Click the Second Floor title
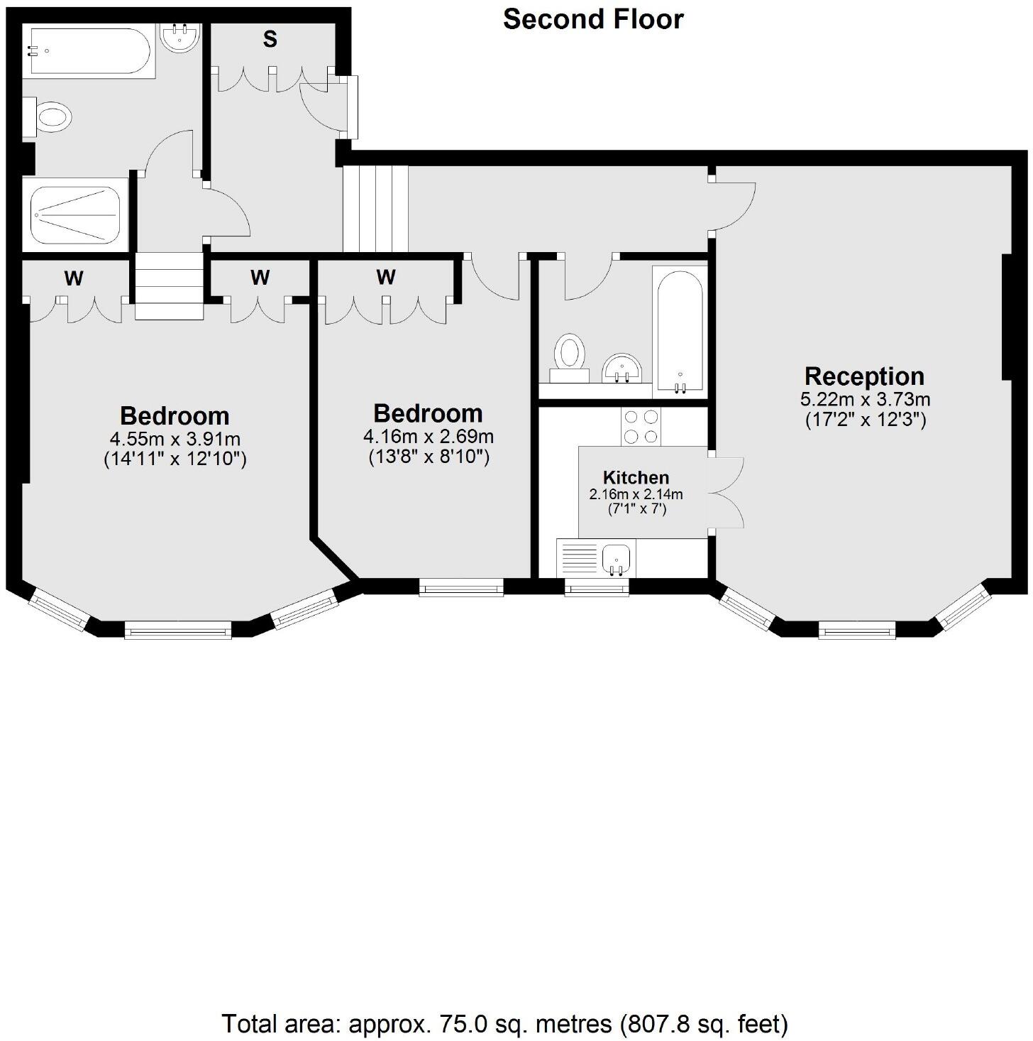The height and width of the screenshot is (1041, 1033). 593,19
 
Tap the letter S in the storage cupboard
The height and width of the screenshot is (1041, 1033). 270,40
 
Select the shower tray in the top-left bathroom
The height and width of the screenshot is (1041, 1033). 76,214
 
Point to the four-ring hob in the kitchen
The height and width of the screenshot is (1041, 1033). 641,427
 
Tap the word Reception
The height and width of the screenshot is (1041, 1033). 864,376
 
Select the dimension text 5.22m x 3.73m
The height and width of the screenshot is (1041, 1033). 865,400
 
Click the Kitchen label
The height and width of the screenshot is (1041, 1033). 636,478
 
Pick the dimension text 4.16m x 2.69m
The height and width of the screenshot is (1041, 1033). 429,436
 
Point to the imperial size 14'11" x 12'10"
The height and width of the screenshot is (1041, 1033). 175,459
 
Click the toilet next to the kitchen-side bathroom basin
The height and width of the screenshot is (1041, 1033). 570,354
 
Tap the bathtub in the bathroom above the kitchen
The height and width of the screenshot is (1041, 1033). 680,331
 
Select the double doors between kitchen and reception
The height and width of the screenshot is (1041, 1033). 727,492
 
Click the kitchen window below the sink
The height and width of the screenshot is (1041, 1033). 597,587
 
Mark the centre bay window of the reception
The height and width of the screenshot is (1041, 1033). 856,629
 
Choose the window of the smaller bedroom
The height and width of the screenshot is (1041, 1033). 461,587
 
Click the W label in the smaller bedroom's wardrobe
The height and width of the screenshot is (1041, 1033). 385,277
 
